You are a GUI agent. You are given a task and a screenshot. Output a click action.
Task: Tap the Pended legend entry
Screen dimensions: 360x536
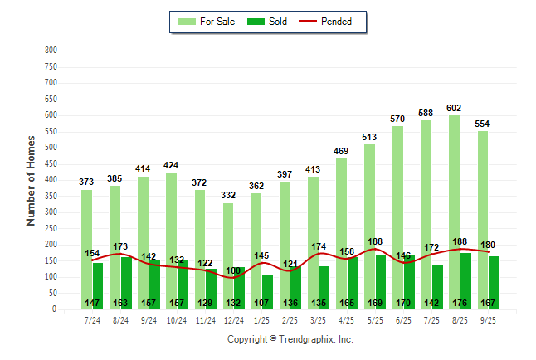pyautogui.click(x=336, y=22)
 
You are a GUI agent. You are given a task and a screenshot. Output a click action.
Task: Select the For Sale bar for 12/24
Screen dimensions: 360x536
pyautogui.click(x=228, y=241)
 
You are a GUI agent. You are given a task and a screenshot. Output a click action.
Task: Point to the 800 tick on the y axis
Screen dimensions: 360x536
pyautogui.click(x=50, y=51)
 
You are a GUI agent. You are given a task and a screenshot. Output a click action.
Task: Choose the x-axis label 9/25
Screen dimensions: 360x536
pyautogui.click(x=489, y=319)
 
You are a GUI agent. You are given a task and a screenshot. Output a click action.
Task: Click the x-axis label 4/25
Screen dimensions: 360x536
pyautogui.click(x=348, y=319)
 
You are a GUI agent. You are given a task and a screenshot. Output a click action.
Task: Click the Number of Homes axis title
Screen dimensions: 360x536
pyautogui.click(x=32, y=180)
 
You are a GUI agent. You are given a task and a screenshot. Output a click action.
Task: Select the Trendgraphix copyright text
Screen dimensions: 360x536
pyautogui.click(x=290, y=339)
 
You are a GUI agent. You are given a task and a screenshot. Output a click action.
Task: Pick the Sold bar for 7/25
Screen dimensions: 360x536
pyautogui.click(x=437, y=282)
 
